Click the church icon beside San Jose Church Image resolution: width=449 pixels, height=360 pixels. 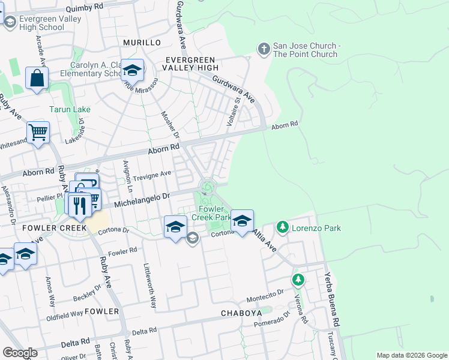point(264,49)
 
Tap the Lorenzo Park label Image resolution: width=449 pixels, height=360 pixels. point(316,228)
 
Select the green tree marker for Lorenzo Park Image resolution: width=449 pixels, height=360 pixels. point(282,227)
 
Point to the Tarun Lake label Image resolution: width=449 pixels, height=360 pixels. point(70,110)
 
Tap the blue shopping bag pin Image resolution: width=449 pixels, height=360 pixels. point(37,79)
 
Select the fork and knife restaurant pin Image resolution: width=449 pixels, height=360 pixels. point(79,205)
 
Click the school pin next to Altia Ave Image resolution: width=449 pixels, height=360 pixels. point(241,221)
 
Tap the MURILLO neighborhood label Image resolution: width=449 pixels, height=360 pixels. point(142,43)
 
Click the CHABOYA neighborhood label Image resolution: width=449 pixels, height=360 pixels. point(241,313)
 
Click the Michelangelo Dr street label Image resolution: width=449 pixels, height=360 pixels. point(142,196)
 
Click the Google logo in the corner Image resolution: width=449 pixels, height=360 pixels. point(20,353)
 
